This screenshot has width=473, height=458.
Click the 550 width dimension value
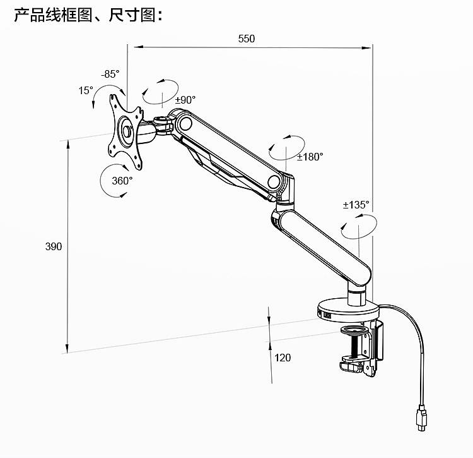pos(247,39)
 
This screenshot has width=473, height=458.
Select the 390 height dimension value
pos(54,246)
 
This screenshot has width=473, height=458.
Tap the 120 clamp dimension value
pos(283,358)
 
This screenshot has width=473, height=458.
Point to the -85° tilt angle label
pos(110,74)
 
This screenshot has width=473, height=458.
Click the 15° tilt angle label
pos(86,90)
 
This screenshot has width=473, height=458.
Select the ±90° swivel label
pos(185,100)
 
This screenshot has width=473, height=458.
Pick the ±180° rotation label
pos(310,156)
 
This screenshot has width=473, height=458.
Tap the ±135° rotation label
pos(356,205)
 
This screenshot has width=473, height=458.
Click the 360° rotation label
pos(122,180)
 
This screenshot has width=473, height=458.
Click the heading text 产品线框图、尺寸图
pos(88,15)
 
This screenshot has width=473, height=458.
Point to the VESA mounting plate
pos(126,132)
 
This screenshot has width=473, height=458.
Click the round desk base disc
pos(347,310)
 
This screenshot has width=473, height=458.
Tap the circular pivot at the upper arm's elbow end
pos(274,182)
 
